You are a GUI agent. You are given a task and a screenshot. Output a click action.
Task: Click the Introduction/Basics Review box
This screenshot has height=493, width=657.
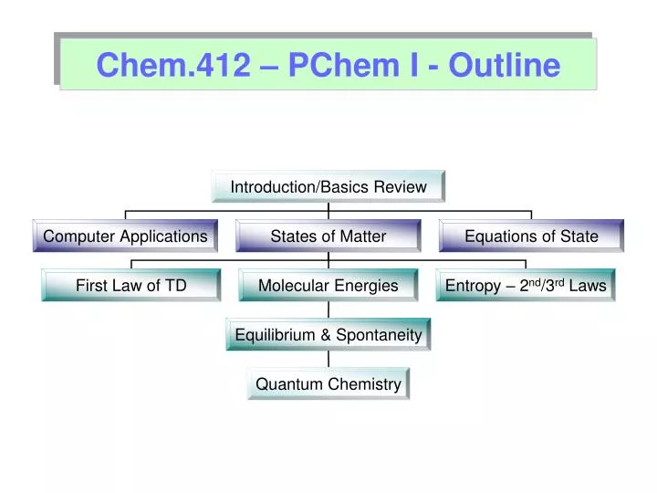328,186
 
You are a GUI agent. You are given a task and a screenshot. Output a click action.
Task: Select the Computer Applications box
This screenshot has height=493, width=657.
125,236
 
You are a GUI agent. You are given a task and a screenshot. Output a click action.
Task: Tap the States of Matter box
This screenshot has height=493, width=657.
328,236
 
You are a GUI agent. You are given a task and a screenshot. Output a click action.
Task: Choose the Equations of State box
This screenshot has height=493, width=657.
531,236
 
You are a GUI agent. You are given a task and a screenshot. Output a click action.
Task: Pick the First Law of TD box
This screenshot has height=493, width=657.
131,286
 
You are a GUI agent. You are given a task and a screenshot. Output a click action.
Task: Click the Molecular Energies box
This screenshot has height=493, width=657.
328,286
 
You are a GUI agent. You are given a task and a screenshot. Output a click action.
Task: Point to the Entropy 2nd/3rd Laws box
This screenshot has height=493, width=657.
526,286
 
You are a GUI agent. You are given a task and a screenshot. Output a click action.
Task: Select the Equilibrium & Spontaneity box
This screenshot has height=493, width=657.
328,335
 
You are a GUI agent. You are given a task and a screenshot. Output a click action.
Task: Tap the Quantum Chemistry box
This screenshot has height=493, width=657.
328,384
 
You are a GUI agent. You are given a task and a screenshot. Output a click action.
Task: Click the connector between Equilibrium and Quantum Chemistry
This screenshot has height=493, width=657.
328,360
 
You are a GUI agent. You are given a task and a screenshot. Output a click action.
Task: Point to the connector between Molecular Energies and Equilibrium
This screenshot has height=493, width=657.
328,310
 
